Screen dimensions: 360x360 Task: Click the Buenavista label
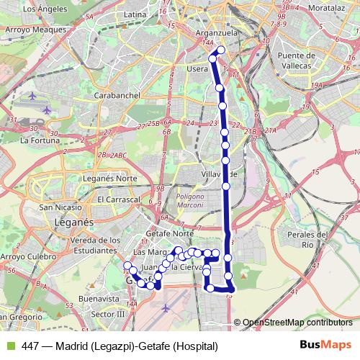coord(98,297)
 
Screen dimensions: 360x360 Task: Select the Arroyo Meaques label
coord(30,31)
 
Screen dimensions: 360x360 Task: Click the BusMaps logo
coord(325,346)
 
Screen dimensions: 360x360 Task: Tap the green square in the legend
coord(10,346)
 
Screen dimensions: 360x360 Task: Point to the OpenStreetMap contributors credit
coord(297,323)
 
